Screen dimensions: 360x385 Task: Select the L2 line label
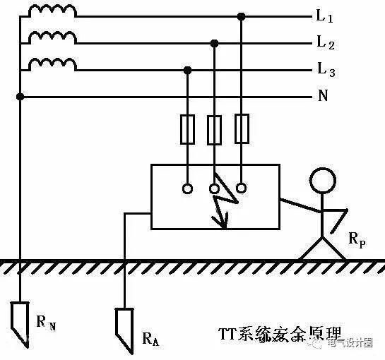(x=325, y=44)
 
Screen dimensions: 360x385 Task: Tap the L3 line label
(x=325, y=70)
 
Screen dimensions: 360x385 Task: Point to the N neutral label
(x=323, y=96)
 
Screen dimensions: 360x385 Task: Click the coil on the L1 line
(x=52, y=11)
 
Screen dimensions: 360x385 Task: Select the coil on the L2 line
(x=52, y=37)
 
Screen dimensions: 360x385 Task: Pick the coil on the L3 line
(x=52, y=64)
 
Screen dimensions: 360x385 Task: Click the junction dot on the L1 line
(x=242, y=16)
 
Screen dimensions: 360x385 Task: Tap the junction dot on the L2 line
(x=215, y=43)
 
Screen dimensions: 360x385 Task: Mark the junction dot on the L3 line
(x=188, y=70)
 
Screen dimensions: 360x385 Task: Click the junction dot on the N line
(x=20, y=96)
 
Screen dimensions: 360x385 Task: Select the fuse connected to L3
(x=188, y=131)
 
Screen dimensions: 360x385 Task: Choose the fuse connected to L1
(x=242, y=131)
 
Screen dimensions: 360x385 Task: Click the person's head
(x=324, y=180)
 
